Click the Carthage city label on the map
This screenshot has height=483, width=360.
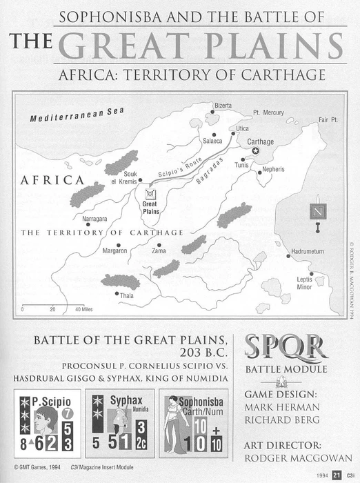(261, 141)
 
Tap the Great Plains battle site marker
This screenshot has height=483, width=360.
(149, 195)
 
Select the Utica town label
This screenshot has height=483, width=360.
(242, 128)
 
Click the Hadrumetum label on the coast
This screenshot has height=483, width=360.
(307, 252)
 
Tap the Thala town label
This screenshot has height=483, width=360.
(127, 295)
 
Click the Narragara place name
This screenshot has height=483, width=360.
(95, 219)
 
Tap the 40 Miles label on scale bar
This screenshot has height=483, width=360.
(83, 310)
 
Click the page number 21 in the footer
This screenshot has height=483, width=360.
(336, 475)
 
